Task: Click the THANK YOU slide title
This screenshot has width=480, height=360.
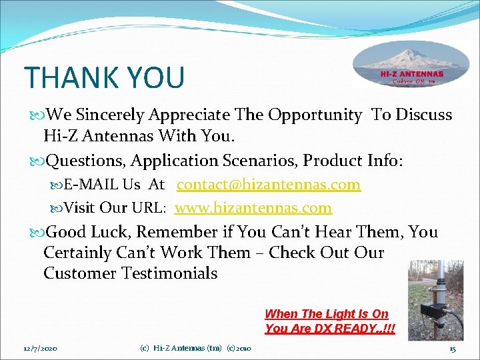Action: (104, 77)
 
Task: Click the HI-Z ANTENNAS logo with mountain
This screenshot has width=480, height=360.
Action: (411, 66)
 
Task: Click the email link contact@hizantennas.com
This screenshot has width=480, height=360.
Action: (269, 185)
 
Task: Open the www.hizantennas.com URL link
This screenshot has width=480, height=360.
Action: (253, 208)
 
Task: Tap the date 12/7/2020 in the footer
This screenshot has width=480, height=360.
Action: (40, 349)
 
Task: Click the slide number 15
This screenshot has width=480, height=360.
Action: (452, 349)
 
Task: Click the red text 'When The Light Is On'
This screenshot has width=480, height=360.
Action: (326, 313)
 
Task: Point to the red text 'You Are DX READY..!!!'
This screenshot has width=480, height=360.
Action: (329, 329)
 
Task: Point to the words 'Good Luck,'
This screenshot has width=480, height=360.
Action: (86, 232)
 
